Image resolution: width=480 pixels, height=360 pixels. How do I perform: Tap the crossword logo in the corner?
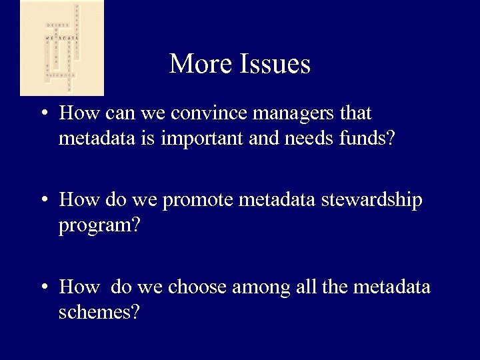[62, 48]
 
